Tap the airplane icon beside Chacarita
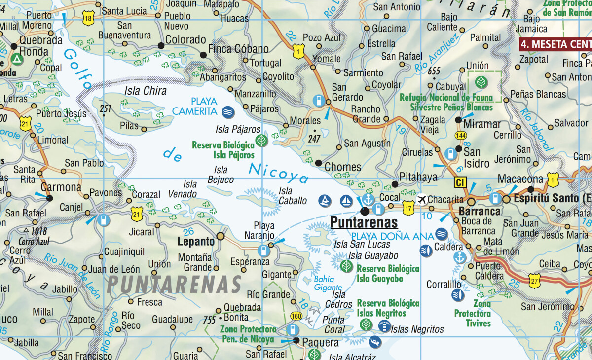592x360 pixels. (x=422, y=200)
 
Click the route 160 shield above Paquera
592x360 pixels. (x=296, y=316)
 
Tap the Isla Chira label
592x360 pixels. (x=146, y=91)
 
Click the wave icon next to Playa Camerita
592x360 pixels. (x=228, y=111)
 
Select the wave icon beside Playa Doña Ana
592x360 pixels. (x=442, y=235)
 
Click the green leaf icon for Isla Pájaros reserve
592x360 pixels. (x=262, y=142)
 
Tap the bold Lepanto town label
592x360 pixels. (x=196, y=242)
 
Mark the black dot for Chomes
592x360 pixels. (x=318, y=163)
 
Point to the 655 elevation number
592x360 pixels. (x=434, y=71)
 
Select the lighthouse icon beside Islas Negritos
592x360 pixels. (x=384, y=325)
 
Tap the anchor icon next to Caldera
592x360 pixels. (x=460, y=257)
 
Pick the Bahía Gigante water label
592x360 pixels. (x=328, y=283)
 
